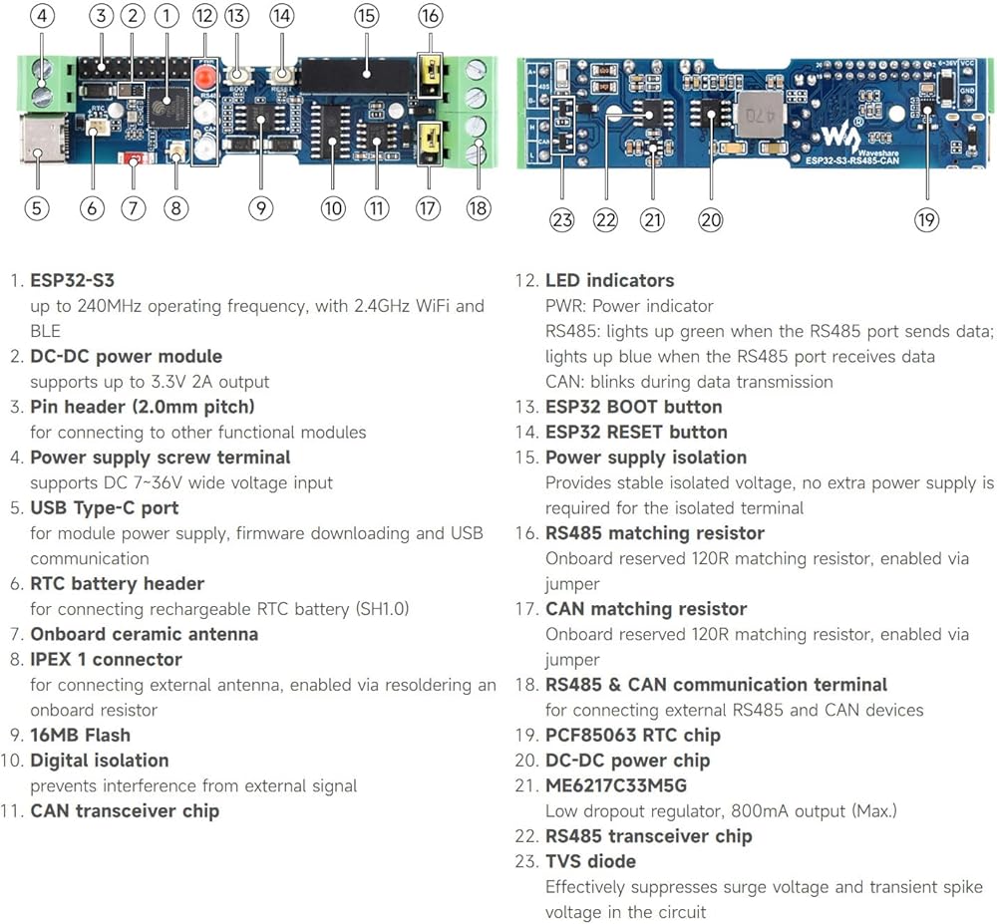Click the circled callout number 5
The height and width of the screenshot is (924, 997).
pos(37,207)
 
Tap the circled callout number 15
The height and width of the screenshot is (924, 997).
pos(366,16)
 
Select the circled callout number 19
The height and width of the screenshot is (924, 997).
pos(926,219)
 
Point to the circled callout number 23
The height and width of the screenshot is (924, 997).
pos(562,219)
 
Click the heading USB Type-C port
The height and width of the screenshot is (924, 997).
pos(104,507)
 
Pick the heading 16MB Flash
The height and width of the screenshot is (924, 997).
pos(80,735)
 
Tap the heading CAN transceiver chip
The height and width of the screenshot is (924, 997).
pos(125,810)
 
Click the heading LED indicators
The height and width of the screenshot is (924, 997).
pos(609,280)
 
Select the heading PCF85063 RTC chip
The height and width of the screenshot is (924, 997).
pos(632,735)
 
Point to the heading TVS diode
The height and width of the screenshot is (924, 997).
pos(590,860)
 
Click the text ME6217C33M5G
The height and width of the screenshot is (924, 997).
pos(615,785)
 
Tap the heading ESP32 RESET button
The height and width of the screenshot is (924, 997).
pos(636,432)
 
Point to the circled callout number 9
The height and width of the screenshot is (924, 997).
pos(261,207)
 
